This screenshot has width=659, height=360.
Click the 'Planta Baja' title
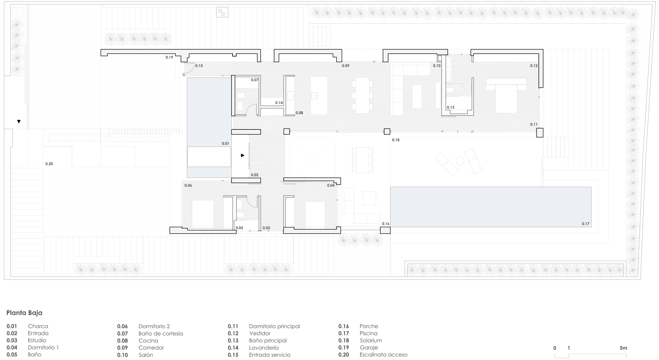(24, 313)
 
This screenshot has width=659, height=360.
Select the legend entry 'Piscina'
(368, 333)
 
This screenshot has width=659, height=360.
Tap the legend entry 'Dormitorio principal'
(274, 326)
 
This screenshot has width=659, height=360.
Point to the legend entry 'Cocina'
(148, 341)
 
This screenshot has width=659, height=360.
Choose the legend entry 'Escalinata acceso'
(383, 355)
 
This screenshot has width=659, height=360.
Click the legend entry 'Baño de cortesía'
(160, 333)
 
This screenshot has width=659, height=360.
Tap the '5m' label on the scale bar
(623, 348)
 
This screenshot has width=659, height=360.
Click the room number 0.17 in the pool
(585, 224)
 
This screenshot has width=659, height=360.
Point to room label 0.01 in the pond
(225, 144)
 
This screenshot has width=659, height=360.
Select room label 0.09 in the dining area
(345, 66)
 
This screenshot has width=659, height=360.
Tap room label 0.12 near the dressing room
(534, 66)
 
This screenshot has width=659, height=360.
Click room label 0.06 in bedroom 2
(188, 185)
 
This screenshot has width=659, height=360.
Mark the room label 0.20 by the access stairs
(49, 164)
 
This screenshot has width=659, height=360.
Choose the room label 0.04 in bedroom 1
(331, 185)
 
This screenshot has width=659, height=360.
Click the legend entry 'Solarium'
(371, 341)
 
